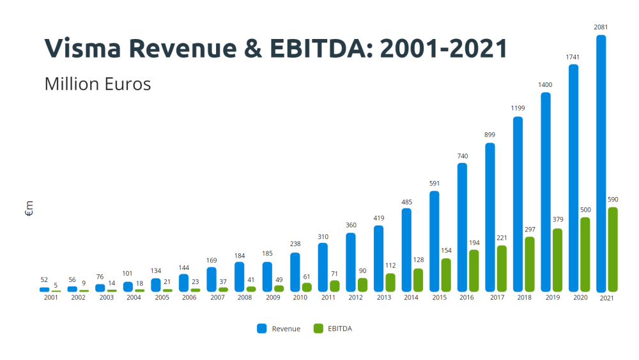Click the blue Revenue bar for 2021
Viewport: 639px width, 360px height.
601,164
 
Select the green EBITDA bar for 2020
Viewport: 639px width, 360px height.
585,254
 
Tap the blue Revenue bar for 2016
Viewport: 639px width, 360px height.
462,228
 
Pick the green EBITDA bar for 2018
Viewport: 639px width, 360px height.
530,265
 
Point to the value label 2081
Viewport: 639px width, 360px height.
601,27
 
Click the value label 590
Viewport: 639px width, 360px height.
613,200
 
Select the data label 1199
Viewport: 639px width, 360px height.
518,108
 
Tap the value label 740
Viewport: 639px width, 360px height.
462,155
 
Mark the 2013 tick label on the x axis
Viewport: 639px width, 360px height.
384,297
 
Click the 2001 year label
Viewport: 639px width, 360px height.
50,297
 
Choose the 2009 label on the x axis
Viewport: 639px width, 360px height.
273,297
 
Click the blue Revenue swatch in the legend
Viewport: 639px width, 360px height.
262,329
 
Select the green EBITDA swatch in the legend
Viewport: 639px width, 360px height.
318,329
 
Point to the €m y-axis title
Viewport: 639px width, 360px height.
29,208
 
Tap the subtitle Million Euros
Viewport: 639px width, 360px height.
97,84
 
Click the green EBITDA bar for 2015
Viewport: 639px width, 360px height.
446,275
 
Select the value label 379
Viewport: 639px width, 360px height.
557,221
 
